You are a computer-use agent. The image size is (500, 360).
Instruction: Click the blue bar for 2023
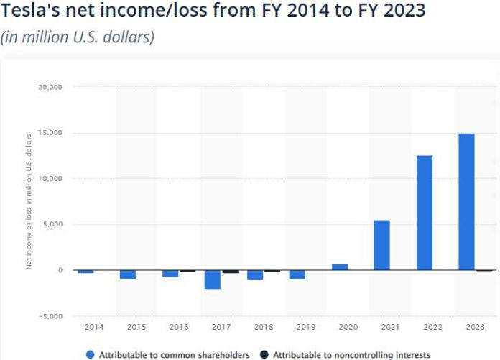pos(466,202)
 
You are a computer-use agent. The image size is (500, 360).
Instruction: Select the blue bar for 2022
pos(424,213)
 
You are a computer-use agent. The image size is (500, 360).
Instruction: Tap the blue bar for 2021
pos(381,245)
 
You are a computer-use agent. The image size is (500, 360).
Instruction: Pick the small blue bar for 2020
pos(340,267)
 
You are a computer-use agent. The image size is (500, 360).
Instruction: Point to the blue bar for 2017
pos(212,280)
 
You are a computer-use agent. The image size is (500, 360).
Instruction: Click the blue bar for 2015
pos(128,274)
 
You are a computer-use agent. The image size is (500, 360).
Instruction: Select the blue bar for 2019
pos(297,274)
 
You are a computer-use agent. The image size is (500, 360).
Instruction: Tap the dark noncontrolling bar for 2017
pos(230,272)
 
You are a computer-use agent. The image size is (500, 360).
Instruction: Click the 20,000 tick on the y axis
pos(50,87)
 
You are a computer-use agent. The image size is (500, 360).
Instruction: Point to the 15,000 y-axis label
pos(50,133)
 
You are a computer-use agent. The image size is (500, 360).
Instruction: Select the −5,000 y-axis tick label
pos(51,316)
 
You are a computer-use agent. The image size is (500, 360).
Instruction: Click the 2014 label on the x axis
pos(93,327)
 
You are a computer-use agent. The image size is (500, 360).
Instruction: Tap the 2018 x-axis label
pos(263,327)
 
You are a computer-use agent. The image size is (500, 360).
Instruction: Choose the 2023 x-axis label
pos(475,327)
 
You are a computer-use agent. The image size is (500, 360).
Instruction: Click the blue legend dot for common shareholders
pos(90,354)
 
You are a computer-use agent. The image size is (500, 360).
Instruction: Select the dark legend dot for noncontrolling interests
pos(264,354)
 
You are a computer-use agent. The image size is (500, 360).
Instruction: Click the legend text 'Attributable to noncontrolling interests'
pos(351,354)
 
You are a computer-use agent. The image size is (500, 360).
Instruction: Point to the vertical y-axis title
pos(29,201)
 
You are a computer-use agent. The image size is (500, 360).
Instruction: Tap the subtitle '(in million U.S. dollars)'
pos(78,37)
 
